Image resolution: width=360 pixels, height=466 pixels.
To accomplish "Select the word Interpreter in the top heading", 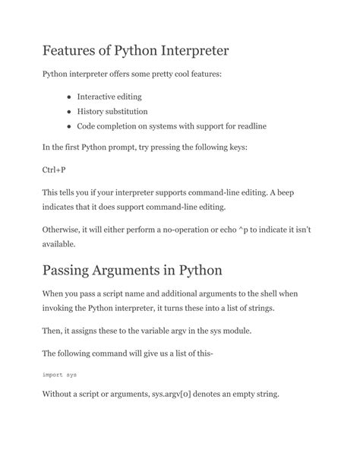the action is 187,52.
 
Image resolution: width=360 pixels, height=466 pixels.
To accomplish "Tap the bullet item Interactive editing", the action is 109,97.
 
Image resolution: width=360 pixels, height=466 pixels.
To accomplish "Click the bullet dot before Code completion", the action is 69,125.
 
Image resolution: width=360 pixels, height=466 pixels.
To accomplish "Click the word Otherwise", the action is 65,229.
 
